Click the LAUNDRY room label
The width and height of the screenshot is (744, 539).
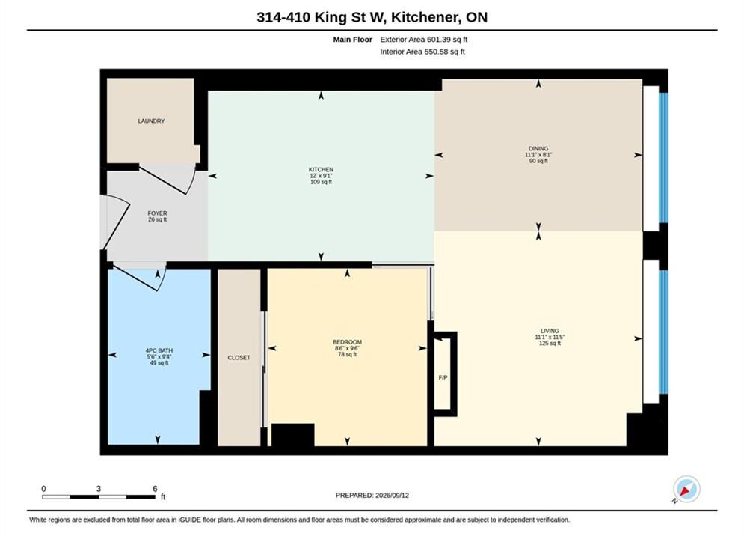(x=151, y=121)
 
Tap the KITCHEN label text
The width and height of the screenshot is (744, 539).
(x=322, y=169)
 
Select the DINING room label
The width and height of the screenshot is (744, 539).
(x=538, y=149)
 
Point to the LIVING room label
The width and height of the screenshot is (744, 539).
(x=550, y=331)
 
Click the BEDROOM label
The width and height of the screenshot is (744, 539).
(x=348, y=342)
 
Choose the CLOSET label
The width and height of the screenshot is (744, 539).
(x=239, y=358)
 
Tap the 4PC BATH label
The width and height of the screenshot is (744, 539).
(x=159, y=350)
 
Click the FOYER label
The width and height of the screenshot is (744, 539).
(x=157, y=213)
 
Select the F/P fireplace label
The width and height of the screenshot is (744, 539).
(x=443, y=377)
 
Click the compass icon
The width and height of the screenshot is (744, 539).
(x=686, y=489)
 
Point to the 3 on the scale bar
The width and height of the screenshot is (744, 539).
(x=99, y=489)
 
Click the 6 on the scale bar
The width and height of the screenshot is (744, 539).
(x=156, y=489)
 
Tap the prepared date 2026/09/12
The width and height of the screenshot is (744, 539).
(x=392, y=496)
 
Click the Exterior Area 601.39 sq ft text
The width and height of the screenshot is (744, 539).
(x=424, y=40)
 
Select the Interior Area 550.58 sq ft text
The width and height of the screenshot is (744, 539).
(x=422, y=52)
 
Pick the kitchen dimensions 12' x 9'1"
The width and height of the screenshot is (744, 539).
(x=322, y=176)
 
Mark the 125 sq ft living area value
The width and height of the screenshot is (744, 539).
(x=550, y=344)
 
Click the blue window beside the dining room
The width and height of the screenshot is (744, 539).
(x=664, y=158)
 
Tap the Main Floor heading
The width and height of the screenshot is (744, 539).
(x=352, y=40)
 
